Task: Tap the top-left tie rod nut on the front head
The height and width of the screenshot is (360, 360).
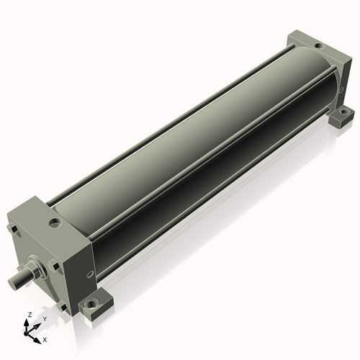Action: pos(13,229)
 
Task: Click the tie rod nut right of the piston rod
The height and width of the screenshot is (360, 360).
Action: pos(55,266)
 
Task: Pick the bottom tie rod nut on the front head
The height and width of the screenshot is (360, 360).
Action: pos(62,307)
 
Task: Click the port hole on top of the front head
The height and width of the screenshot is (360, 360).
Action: pos(55,222)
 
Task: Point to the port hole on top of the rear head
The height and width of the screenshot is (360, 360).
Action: pos(319,45)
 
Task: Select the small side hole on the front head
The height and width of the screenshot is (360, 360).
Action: pos(90,274)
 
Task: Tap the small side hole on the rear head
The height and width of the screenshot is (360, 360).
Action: pos(341,90)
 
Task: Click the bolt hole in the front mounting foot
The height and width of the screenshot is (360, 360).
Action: pos(91,305)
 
